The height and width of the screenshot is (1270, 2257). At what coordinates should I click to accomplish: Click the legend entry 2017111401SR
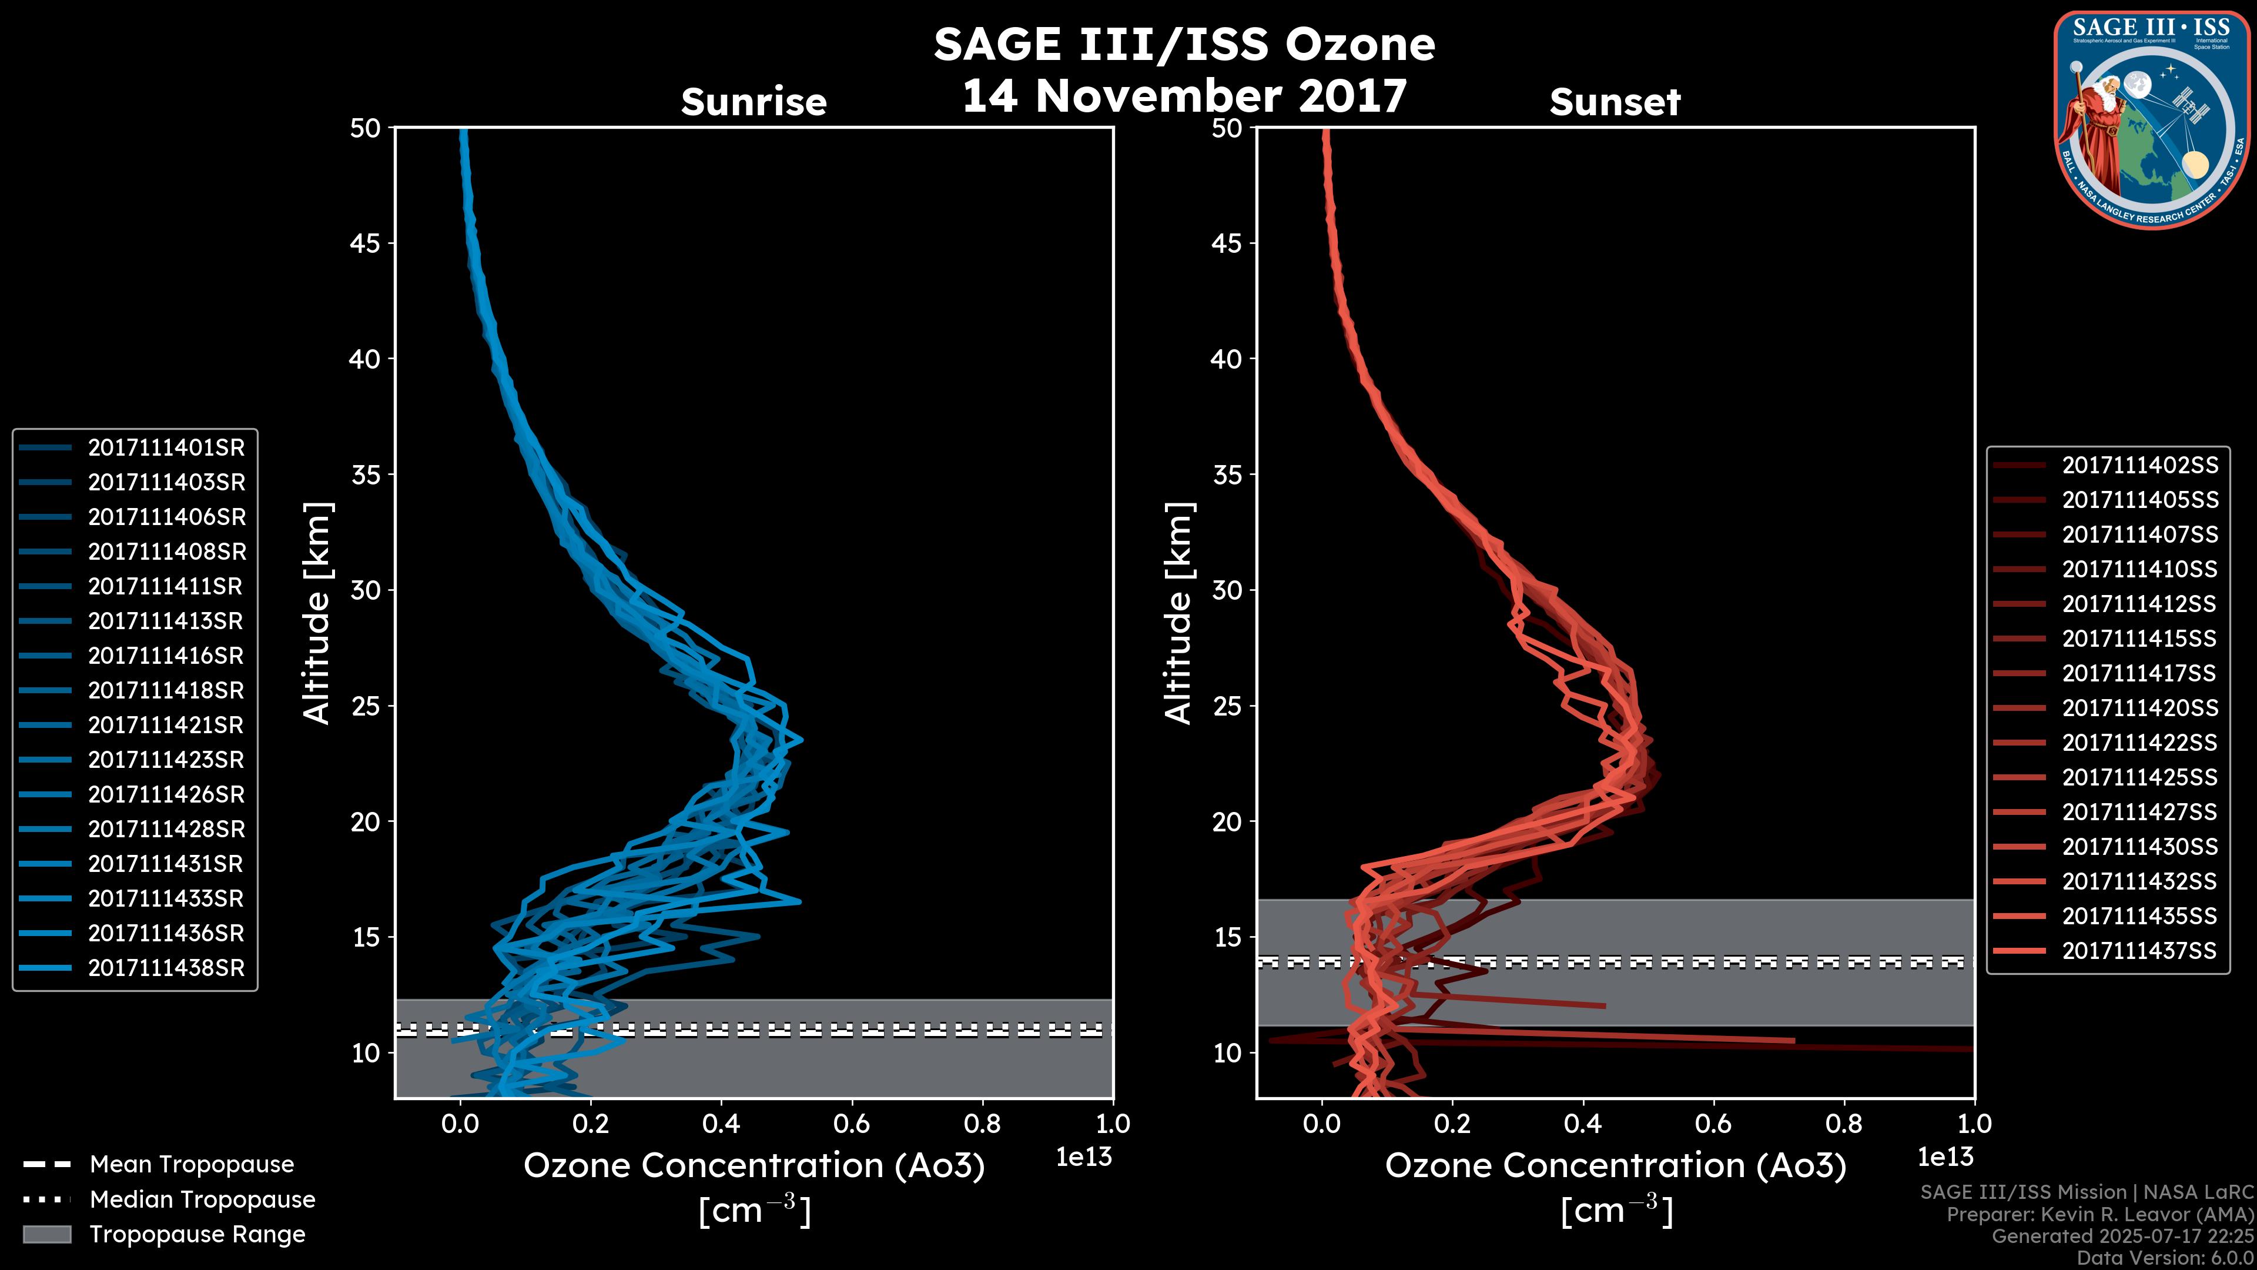[x=166, y=448]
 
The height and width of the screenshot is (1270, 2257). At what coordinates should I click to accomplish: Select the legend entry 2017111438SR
[x=166, y=968]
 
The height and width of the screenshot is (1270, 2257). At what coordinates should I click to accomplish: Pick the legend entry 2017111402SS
[x=2139, y=466]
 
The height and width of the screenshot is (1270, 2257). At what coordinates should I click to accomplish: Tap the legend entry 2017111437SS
[x=2139, y=951]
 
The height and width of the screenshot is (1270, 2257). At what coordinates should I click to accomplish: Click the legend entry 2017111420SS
[x=2139, y=708]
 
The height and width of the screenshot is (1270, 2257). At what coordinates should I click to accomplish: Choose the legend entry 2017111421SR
[x=166, y=726]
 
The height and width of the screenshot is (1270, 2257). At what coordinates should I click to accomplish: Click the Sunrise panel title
[x=754, y=102]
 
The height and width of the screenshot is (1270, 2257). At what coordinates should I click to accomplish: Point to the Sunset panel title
[x=1615, y=102]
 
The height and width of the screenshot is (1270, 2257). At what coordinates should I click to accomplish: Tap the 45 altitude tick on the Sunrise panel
[x=366, y=243]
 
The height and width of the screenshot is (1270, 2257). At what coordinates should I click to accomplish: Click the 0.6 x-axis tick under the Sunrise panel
[x=852, y=1124]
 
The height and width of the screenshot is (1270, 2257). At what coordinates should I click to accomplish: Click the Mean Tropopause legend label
[x=192, y=1165]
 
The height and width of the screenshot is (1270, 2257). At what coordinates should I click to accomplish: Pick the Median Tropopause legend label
[x=202, y=1200]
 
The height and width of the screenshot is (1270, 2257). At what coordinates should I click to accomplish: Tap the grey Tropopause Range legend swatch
[x=47, y=1234]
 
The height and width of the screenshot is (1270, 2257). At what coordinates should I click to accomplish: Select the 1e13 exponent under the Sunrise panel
[x=1084, y=1158]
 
